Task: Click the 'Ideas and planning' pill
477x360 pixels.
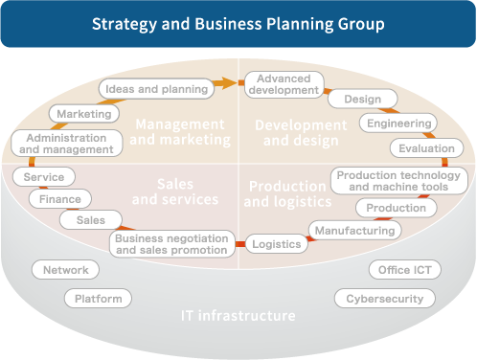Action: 156,89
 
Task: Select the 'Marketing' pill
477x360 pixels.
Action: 83,114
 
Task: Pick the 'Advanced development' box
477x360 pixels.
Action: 282,83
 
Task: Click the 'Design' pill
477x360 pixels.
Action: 361,99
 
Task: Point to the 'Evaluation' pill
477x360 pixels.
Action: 426,148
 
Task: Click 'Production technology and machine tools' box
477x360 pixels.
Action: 399,181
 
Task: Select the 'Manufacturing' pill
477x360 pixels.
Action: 354,231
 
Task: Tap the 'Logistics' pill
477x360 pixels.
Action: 277,244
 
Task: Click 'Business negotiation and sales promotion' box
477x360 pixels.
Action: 171,243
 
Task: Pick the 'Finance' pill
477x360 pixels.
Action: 60,199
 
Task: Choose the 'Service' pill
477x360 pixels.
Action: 44,177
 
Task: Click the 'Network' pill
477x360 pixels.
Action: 66,270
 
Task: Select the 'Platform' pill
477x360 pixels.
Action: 99,299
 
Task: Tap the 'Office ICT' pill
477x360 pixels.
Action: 404,270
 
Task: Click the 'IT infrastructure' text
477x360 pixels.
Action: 238,315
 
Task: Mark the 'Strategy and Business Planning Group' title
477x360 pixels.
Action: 238,22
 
